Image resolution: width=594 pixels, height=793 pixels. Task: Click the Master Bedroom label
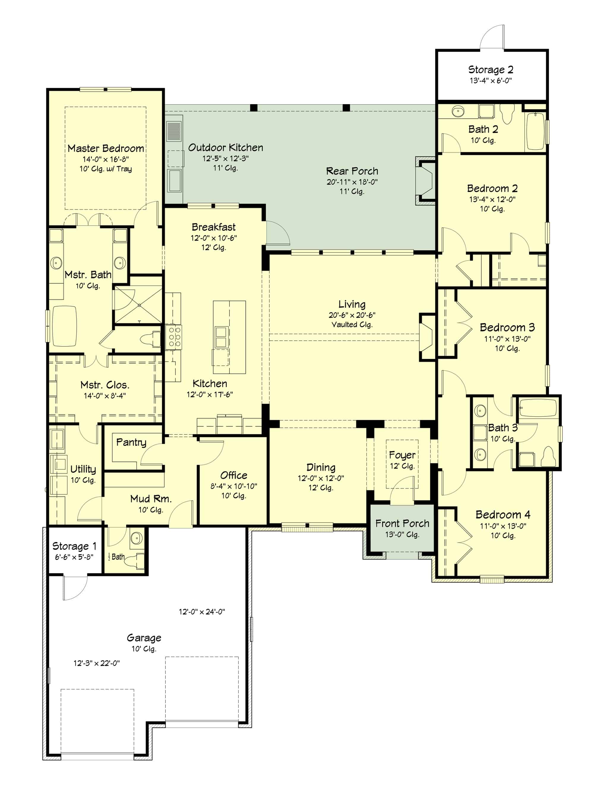[x=105, y=148]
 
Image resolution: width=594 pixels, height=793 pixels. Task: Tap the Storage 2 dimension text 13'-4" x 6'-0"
[x=490, y=81]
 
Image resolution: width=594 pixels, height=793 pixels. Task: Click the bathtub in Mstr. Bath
[x=64, y=326]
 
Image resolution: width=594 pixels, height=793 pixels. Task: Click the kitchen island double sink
[x=221, y=337]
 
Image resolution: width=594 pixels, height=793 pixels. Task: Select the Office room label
[x=233, y=475]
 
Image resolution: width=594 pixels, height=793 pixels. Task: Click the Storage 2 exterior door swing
[x=492, y=37]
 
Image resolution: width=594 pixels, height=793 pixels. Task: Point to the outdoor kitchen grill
[x=174, y=131]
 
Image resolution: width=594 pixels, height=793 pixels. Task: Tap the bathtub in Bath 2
[x=535, y=131]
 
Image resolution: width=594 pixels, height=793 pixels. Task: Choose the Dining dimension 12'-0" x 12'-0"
[x=321, y=478]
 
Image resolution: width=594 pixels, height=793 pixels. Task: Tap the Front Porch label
[x=402, y=524]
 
